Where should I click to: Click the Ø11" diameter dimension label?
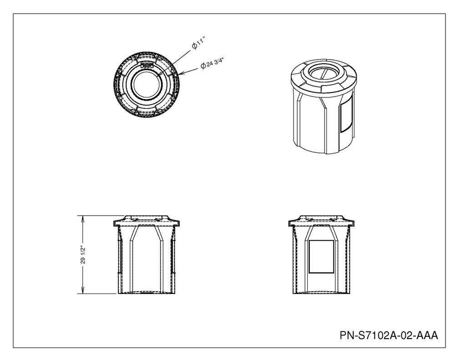tap(198, 43)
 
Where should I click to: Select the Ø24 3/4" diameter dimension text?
tap(212, 63)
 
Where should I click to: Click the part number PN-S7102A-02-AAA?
tap(389, 335)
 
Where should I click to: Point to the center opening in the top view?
tap(146, 85)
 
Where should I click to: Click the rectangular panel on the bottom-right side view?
tap(321, 257)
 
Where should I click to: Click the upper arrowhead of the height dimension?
tap(83, 219)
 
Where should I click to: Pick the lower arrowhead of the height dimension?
tap(83, 290)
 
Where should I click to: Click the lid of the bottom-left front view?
tap(147, 221)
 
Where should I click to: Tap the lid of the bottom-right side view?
tap(322, 221)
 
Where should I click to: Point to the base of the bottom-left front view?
tap(147, 293)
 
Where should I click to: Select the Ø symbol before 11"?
tap(194, 46)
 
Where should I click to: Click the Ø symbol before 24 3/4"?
tap(203, 66)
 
